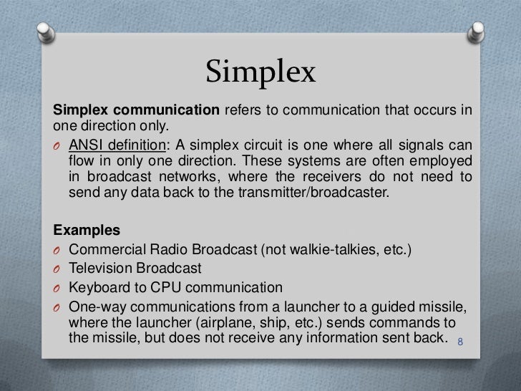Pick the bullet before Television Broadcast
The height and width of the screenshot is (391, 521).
click(x=58, y=270)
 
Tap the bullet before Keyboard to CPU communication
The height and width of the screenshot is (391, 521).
click(x=58, y=289)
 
